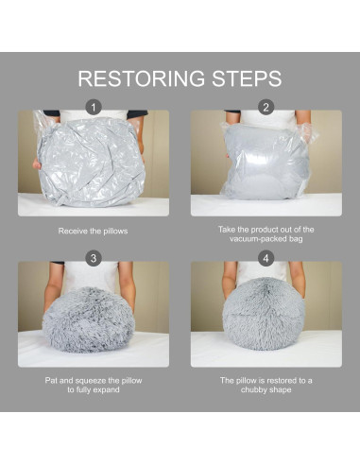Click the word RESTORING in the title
point(141,78)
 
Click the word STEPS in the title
point(247,78)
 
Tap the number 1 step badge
point(94,108)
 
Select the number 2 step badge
point(266,108)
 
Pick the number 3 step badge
point(94,258)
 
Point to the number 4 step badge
point(266,258)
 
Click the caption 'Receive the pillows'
point(93,232)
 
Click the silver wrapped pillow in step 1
point(91,162)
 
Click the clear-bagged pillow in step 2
point(266,162)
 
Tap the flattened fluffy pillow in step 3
point(89,319)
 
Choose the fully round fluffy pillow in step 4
point(265,314)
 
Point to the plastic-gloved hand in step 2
point(307,133)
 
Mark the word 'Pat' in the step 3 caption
point(51,381)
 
